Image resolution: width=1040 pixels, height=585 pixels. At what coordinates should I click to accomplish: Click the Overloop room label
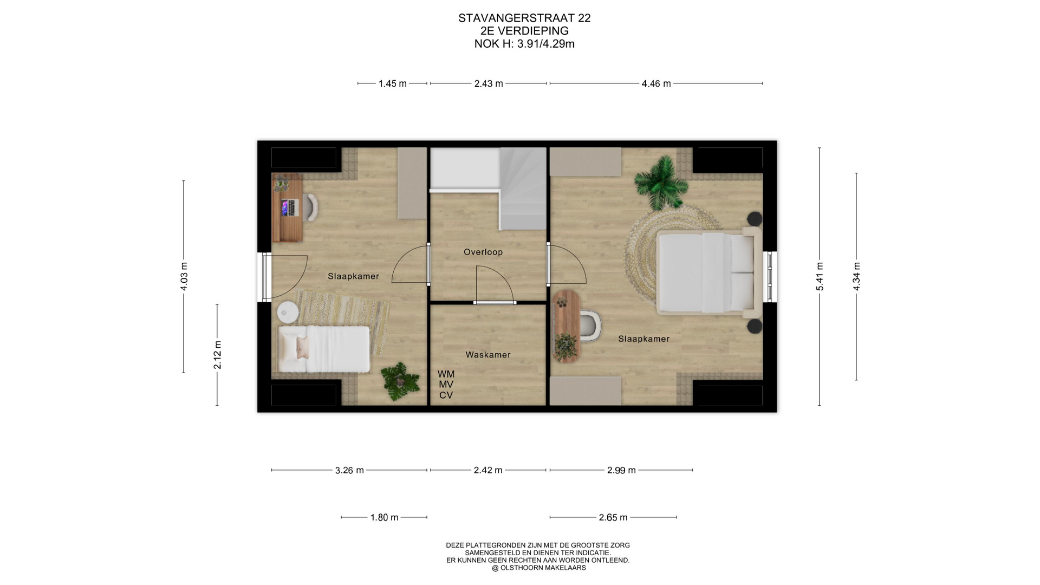[x=483, y=252]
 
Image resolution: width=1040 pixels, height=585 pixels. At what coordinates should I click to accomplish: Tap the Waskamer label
[x=488, y=355]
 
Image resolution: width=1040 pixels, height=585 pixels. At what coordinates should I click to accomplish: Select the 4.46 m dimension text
[x=656, y=83]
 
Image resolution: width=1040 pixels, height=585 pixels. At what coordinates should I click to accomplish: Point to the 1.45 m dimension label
[x=392, y=83]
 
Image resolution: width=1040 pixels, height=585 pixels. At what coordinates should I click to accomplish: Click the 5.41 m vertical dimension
[x=820, y=276]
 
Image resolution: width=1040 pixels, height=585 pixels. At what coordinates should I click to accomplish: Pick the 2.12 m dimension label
[x=217, y=355]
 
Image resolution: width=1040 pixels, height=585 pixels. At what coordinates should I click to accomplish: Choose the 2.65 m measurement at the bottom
[x=613, y=517]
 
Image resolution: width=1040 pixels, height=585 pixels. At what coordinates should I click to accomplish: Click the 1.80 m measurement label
[x=384, y=517]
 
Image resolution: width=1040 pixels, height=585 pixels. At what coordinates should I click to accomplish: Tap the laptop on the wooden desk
[x=290, y=207]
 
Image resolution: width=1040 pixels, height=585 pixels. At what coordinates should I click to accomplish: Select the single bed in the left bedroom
[x=324, y=349]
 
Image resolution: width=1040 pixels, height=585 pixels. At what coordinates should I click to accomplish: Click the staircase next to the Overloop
[x=522, y=188]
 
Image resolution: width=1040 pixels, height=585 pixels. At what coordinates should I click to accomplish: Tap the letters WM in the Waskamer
[x=446, y=374]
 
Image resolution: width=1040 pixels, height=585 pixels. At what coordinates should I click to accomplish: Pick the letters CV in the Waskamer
[x=446, y=395]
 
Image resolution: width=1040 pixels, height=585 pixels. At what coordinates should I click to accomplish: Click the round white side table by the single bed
[x=287, y=311]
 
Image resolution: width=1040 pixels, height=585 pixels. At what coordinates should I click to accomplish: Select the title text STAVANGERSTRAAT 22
[x=524, y=18]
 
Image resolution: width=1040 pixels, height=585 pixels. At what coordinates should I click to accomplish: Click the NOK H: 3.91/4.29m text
[x=524, y=44]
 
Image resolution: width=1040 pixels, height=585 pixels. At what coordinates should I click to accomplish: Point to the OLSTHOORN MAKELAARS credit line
[x=538, y=568]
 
